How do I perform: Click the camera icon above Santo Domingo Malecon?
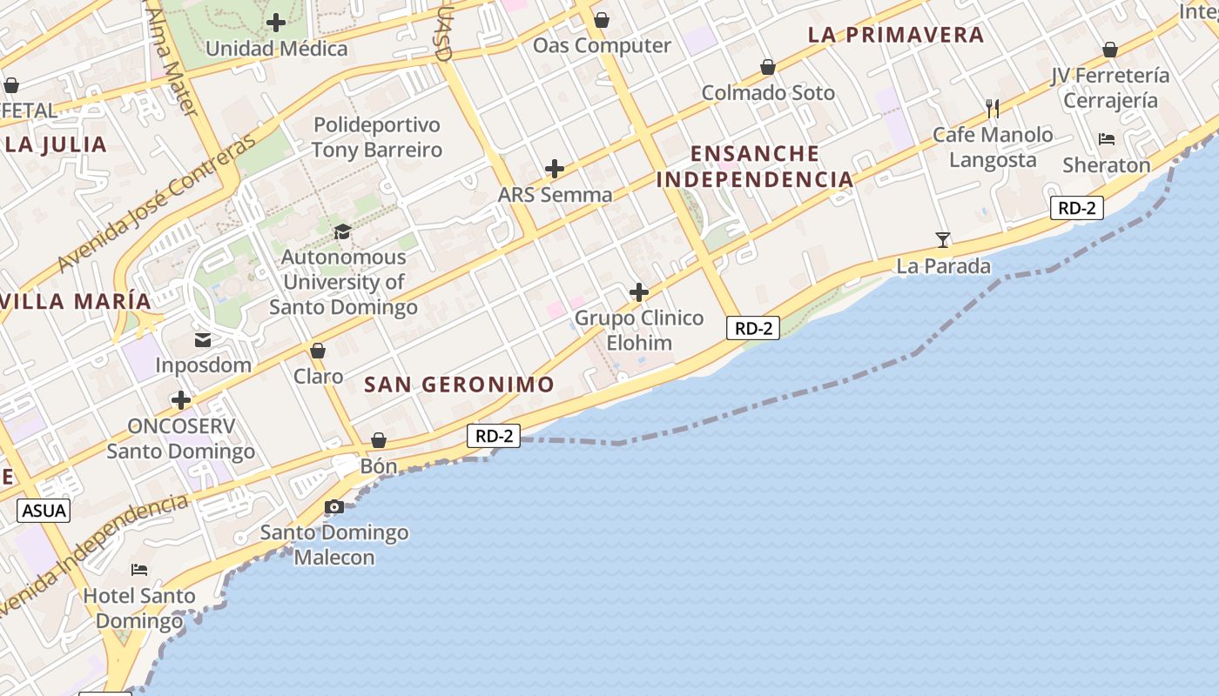(x=333, y=506)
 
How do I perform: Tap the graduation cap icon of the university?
(x=342, y=231)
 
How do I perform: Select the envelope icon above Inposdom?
(x=203, y=339)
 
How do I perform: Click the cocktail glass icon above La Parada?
(x=942, y=239)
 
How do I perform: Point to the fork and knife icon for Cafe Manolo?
(x=992, y=109)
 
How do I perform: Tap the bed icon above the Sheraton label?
(x=1106, y=138)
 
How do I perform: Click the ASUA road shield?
(x=44, y=510)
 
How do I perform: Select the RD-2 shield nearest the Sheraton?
(x=1077, y=208)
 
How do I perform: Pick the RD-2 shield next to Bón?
(x=494, y=436)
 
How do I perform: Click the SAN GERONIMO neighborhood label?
(x=459, y=385)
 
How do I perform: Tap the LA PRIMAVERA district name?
(x=896, y=35)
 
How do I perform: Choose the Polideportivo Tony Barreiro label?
(x=377, y=137)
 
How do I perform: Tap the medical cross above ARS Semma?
(x=555, y=169)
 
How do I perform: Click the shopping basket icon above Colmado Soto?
(x=768, y=67)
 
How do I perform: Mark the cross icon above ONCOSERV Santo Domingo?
(x=181, y=400)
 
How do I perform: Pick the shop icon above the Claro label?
(x=318, y=351)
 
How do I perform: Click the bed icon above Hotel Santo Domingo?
(x=139, y=570)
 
